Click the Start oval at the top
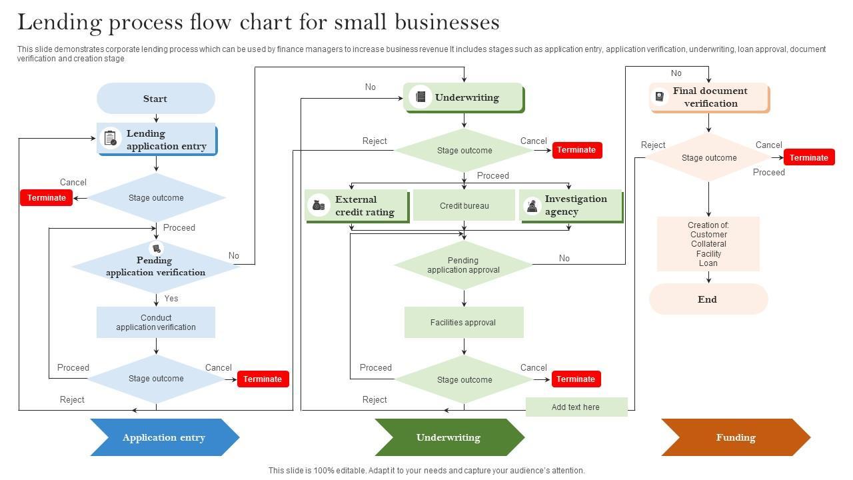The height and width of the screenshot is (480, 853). (156, 98)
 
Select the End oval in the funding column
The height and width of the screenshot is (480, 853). (708, 299)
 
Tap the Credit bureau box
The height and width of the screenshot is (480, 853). (464, 205)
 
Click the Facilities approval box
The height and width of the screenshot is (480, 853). (464, 322)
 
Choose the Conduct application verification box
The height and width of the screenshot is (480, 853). (156, 322)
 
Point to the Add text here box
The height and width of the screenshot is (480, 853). (576, 407)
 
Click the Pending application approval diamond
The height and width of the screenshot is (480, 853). (464, 265)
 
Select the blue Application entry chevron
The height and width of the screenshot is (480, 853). (165, 437)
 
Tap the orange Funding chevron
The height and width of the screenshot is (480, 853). (736, 437)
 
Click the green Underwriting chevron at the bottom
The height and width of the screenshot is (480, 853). (450, 437)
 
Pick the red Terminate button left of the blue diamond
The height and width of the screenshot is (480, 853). (47, 198)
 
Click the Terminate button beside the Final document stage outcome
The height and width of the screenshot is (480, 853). (809, 157)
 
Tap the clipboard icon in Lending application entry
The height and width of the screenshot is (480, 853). (111, 138)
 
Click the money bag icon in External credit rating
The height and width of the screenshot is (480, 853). (319, 206)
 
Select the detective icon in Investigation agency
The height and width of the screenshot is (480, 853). (532, 206)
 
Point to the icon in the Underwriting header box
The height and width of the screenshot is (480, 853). (421, 97)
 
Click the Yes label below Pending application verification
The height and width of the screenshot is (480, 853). (171, 298)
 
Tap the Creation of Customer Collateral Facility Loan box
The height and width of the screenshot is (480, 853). (708, 244)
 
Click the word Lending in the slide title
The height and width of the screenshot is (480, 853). (60, 23)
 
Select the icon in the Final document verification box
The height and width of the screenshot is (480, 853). (660, 97)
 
